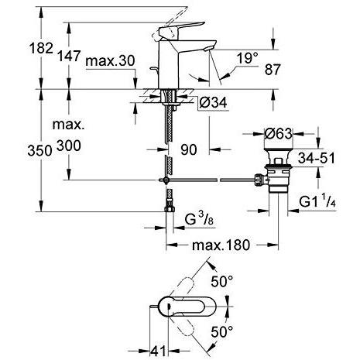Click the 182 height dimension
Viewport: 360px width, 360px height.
pyautogui.click(x=41, y=48)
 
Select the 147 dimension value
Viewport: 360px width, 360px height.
pyautogui.click(x=69, y=56)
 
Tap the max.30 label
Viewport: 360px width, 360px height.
pyautogui.click(x=110, y=61)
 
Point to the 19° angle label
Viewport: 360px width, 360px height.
pyautogui.click(x=248, y=57)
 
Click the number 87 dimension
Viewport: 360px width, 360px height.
pyautogui.click(x=273, y=70)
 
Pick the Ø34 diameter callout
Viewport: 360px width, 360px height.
pyautogui.click(x=213, y=102)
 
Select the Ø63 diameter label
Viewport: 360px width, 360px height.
pyautogui.click(x=279, y=134)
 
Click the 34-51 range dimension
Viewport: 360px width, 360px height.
pyautogui.click(x=317, y=158)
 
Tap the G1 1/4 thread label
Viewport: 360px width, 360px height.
pyautogui.click(x=317, y=201)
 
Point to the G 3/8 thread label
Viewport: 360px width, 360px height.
pyautogui.click(x=199, y=220)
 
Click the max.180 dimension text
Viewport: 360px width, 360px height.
pyautogui.click(x=221, y=245)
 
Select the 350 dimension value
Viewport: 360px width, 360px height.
pyautogui.click(x=39, y=150)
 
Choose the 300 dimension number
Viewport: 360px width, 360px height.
pyautogui.click(x=69, y=146)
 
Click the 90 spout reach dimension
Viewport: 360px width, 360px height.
pyautogui.click(x=189, y=149)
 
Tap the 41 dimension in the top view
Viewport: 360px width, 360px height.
pyautogui.click(x=158, y=351)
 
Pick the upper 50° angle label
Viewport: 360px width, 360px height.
pyautogui.click(x=222, y=281)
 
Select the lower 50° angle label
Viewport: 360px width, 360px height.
pyautogui.click(x=222, y=331)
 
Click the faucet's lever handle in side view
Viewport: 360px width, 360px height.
pyautogui.click(x=180, y=28)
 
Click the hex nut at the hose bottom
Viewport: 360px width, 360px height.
pyautogui.click(x=170, y=208)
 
